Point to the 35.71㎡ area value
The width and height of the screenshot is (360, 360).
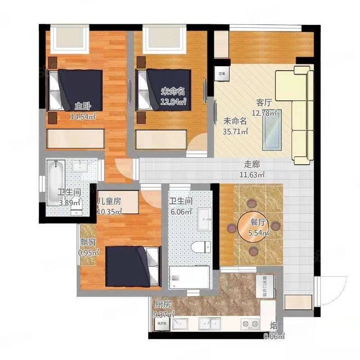pyautogui.click(x=236, y=132)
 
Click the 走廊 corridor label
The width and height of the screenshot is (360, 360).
pyautogui.click(x=252, y=165)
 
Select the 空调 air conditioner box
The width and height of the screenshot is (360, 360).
pyautogui.click(x=222, y=73)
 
